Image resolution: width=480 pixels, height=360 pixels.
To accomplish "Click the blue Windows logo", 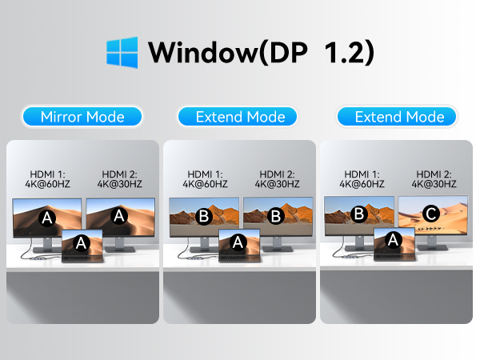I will pyautogui.click(x=122, y=52).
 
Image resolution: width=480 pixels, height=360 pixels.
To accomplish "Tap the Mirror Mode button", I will pyautogui.click(x=82, y=117).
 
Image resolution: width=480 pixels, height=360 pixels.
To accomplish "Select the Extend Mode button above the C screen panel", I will pyautogui.click(x=398, y=117).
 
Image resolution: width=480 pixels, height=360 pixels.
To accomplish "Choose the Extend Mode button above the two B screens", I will pyautogui.click(x=240, y=117).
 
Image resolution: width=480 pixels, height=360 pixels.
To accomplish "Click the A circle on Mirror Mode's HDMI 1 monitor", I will pyautogui.click(x=46, y=216).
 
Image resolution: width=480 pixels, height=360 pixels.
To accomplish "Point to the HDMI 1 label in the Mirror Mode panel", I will pyautogui.click(x=46, y=178).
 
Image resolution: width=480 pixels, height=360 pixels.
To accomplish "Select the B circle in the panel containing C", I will pyautogui.click(x=360, y=214).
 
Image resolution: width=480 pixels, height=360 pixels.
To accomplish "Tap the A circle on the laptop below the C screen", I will pyautogui.click(x=393, y=239).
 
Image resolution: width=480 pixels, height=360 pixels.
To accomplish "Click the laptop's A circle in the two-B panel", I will pyautogui.click(x=238, y=240).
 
